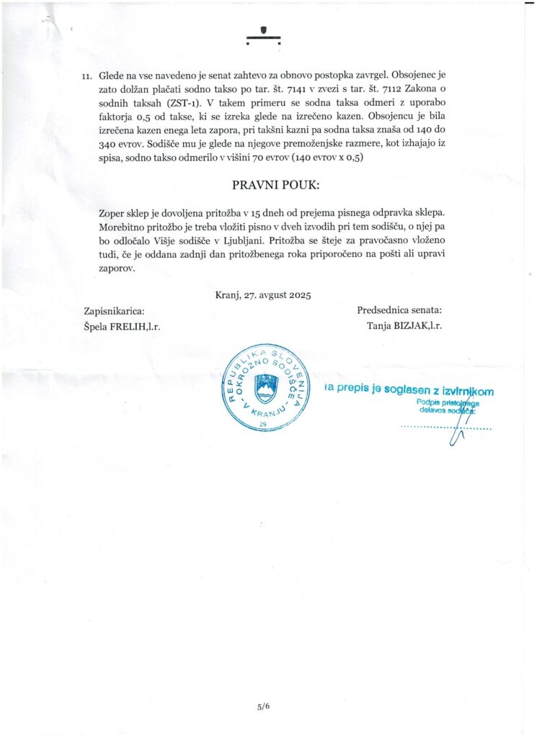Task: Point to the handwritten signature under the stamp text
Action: [x=456, y=432]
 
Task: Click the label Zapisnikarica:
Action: [x=114, y=310]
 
